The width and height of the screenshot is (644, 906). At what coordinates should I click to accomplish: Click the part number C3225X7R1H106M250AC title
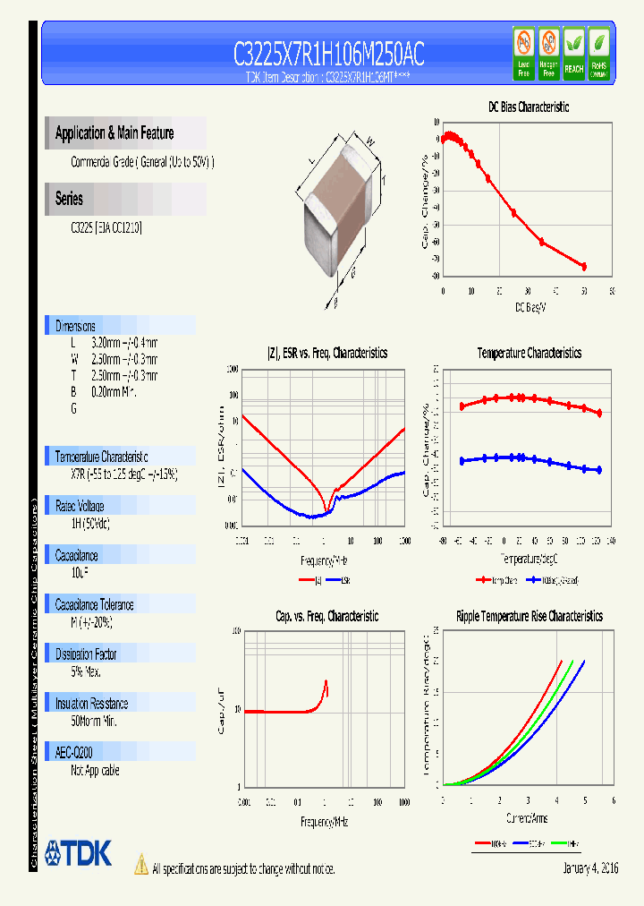click(328, 56)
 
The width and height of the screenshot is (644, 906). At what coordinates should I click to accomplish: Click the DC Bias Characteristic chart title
click(528, 107)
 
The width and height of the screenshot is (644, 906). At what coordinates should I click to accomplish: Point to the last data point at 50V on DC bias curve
click(584, 266)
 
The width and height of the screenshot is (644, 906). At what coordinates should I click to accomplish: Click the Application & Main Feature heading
click(114, 133)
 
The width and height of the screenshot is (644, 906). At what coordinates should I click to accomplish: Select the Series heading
click(69, 199)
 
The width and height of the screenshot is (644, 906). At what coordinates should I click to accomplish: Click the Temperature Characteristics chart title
click(529, 354)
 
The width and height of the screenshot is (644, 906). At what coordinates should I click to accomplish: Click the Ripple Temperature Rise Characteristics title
click(529, 616)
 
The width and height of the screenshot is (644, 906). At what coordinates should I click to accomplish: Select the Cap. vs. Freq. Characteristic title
click(326, 616)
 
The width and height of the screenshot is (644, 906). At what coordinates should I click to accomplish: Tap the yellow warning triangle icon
click(140, 865)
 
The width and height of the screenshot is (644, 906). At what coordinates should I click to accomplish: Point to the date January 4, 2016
click(590, 868)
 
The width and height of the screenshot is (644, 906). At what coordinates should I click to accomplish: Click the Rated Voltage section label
click(80, 506)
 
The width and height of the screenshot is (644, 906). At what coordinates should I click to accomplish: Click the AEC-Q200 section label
click(74, 753)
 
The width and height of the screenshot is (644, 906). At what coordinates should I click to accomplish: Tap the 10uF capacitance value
click(80, 570)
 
